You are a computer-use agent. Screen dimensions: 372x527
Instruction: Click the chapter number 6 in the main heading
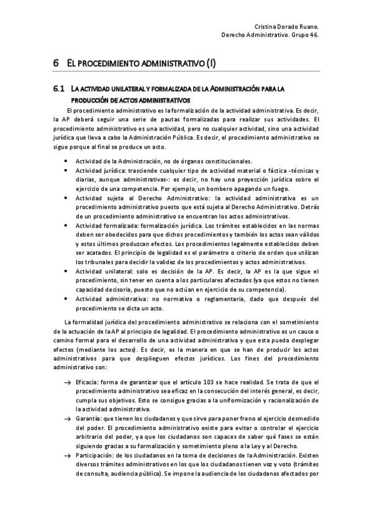click(x=56, y=63)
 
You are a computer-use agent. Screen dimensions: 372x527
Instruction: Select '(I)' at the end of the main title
click(x=211, y=63)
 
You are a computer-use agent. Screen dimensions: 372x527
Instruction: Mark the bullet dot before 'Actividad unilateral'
click(x=66, y=272)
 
